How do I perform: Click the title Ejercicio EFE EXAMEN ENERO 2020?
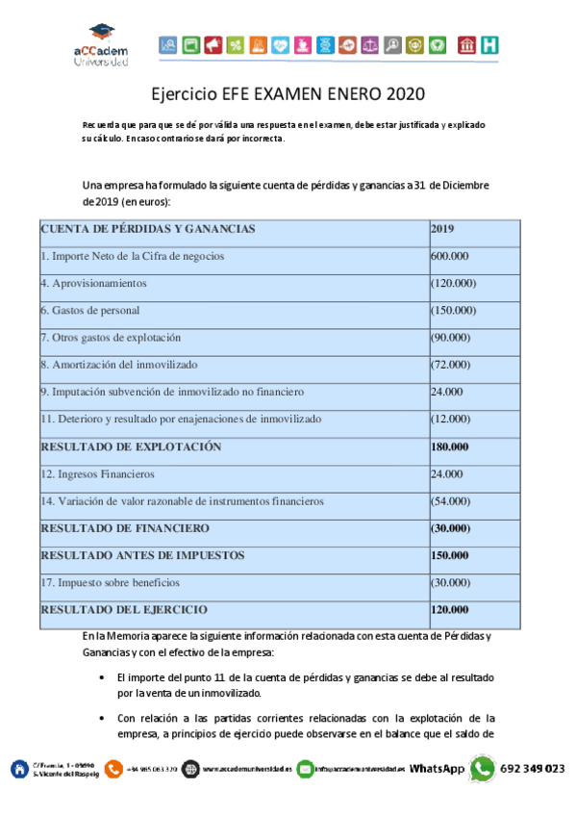(288, 94)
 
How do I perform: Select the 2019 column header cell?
(442, 229)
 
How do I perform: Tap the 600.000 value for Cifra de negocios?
(449, 256)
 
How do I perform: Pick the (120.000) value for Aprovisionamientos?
(453, 283)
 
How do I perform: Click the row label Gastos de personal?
(89, 310)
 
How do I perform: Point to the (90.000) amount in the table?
(450, 338)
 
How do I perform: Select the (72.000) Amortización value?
(450, 365)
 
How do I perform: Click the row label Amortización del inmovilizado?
(119, 365)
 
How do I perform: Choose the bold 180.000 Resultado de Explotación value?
(450, 446)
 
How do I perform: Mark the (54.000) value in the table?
(450, 501)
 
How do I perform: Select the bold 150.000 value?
(450, 555)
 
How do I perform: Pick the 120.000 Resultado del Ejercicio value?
(450, 610)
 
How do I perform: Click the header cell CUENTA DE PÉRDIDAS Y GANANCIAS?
(147, 229)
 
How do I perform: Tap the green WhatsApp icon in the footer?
(482, 769)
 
